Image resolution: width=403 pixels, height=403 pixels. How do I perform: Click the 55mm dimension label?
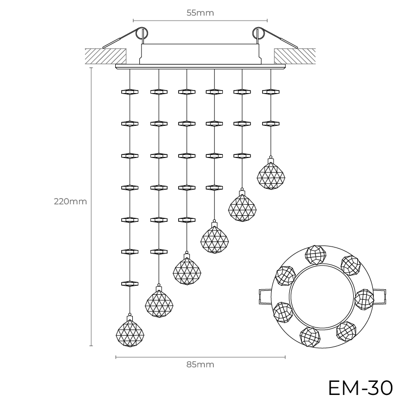click(200, 13)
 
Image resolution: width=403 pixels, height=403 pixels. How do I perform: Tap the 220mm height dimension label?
click(70, 202)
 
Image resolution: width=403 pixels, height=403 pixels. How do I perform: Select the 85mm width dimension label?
click(200, 364)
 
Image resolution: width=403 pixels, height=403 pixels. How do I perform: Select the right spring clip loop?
click(258, 34)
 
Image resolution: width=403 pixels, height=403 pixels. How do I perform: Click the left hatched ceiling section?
click(106, 55)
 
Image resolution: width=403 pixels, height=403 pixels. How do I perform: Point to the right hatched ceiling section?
click(294, 55)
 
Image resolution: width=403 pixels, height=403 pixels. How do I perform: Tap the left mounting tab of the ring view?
click(265, 297)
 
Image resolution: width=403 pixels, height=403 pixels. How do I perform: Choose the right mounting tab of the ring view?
click(380, 297)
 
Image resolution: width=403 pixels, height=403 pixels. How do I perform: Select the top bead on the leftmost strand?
click(130, 92)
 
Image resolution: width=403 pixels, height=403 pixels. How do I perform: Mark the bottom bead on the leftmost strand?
click(130, 283)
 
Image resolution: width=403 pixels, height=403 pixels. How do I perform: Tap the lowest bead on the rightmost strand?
click(271, 123)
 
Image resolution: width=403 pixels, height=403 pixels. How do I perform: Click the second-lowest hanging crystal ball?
click(159, 303)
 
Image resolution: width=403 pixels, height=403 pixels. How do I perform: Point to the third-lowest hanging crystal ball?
click(187, 271)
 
